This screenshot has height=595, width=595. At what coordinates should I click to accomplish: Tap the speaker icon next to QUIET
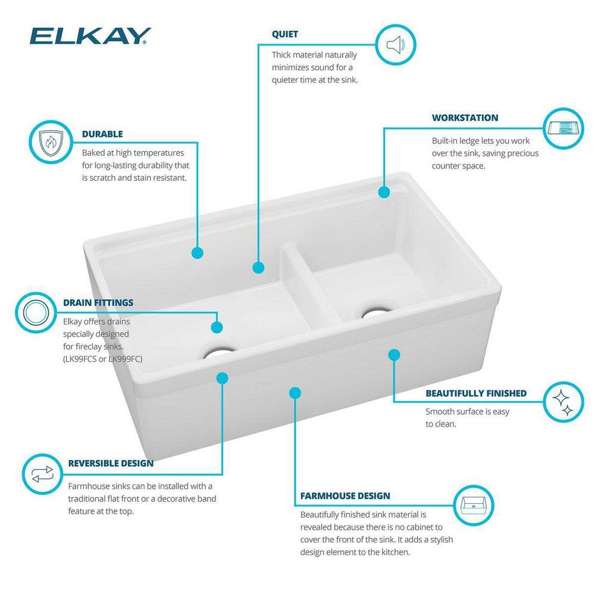click(x=396, y=44)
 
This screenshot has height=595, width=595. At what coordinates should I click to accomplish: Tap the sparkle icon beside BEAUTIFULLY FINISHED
click(x=563, y=402)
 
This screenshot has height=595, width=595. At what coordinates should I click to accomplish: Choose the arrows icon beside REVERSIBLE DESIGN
click(x=42, y=474)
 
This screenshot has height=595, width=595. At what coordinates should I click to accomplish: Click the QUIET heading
click(x=285, y=34)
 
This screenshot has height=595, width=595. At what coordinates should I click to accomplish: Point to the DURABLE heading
click(x=102, y=134)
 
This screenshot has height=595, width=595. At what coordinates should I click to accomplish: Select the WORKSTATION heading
click(x=465, y=118)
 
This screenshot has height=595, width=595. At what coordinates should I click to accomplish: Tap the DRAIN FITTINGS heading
click(x=98, y=303)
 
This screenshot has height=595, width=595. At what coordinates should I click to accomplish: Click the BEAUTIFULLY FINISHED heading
click(x=475, y=393)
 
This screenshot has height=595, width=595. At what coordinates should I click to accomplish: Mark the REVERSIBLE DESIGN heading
click(x=110, y=463)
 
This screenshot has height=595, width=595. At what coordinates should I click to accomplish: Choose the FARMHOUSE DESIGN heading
click(x=345, y=496)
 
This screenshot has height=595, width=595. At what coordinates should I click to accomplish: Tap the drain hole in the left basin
click(x=218, y=353)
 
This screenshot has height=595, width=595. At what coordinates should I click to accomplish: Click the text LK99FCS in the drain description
click(x=83, y=359)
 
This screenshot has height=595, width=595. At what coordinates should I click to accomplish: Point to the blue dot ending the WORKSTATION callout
click(x=384, y=192)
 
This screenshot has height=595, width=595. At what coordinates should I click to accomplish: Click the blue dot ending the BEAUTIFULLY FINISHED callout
click(x=394, y=355)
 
